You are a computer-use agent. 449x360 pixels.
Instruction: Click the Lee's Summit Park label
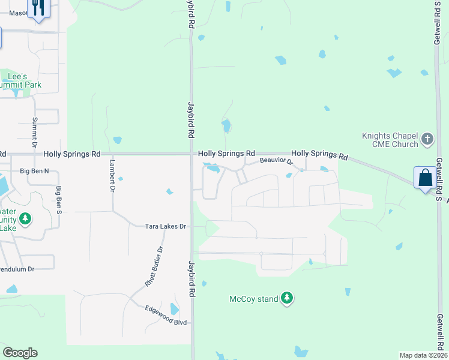(23, 81)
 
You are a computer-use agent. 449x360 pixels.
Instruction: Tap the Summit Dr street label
(35, 132)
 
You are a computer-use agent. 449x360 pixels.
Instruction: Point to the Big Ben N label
(34, 172)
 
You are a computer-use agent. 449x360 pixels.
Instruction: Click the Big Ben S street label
(59, 200)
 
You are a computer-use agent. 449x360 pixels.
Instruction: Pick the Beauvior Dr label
(276, 161)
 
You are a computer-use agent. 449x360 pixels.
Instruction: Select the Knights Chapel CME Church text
(390, 140)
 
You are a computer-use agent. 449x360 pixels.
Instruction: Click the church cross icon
(427, 140)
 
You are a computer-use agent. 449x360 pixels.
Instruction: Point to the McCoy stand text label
(254, 298)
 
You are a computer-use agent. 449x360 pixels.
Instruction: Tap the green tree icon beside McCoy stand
(288, 298)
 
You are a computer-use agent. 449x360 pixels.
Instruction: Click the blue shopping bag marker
(425, 178)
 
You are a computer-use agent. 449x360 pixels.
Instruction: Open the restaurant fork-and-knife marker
(38, 8)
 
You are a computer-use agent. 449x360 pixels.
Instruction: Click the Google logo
(20, 353)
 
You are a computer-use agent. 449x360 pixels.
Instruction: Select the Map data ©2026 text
(423, 355)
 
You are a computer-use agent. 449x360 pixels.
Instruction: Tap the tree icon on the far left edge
(25, 220)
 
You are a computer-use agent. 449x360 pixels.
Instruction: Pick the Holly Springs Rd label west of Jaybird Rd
(71, 154)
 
